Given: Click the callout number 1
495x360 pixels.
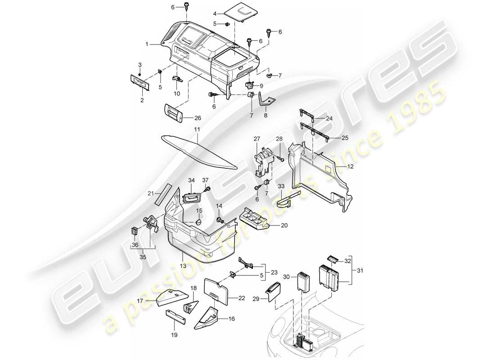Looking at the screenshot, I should (146, 45).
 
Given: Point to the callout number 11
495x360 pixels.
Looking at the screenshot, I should (197, 129).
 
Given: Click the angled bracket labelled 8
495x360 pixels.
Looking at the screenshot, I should (267, 101).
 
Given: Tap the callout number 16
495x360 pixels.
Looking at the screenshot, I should (232, 319).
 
